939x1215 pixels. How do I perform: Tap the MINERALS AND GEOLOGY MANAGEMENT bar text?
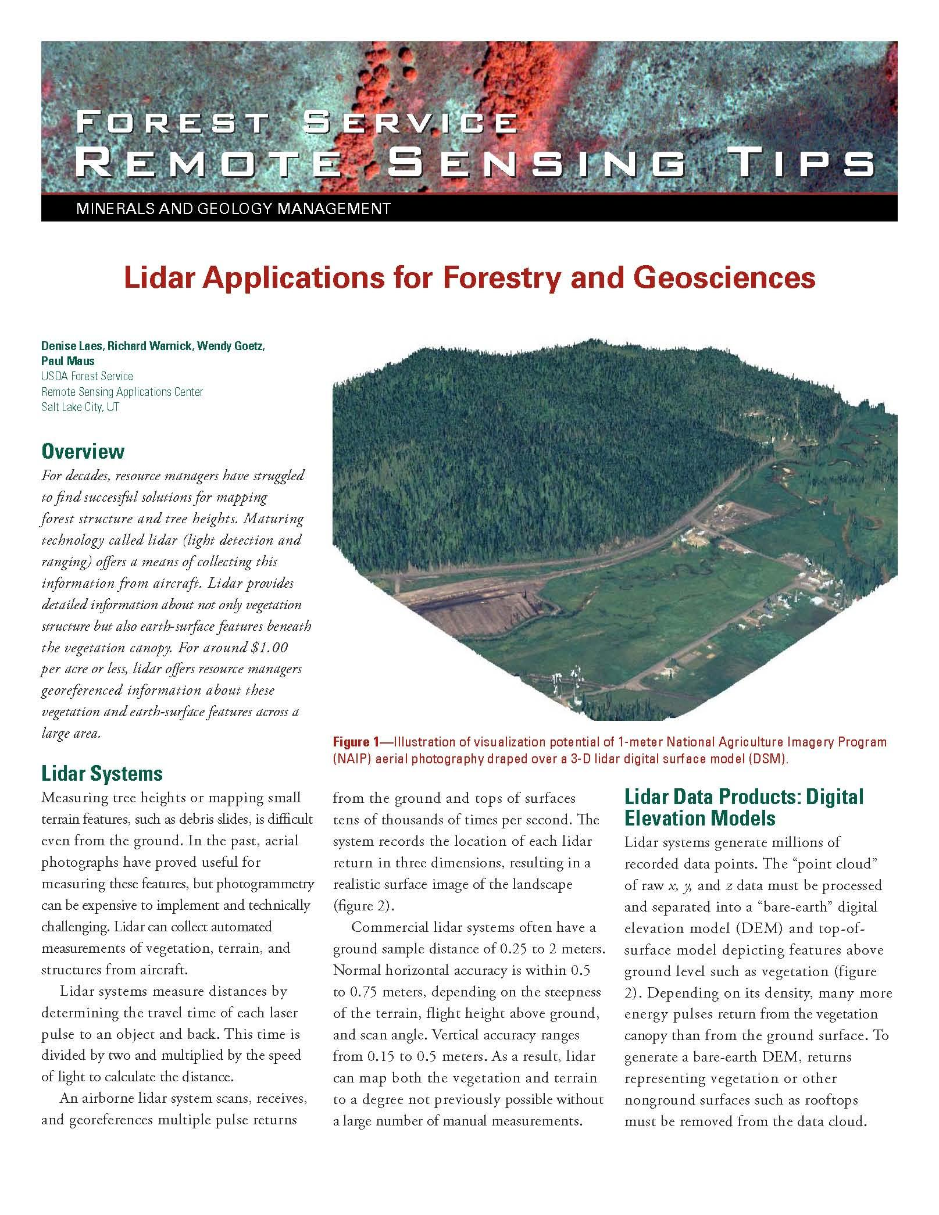[x=233, y=208]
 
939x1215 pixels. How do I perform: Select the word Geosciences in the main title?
[x=724, y=278]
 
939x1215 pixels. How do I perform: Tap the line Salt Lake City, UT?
[x=80, y=407]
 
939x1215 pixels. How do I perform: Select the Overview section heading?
[x=83, y=452]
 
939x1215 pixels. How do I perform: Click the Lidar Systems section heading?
[x=102, y=774]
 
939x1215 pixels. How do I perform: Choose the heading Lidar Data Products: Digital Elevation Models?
[x=744, y=807]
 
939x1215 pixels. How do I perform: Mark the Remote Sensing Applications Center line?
[x=122, y=392]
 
